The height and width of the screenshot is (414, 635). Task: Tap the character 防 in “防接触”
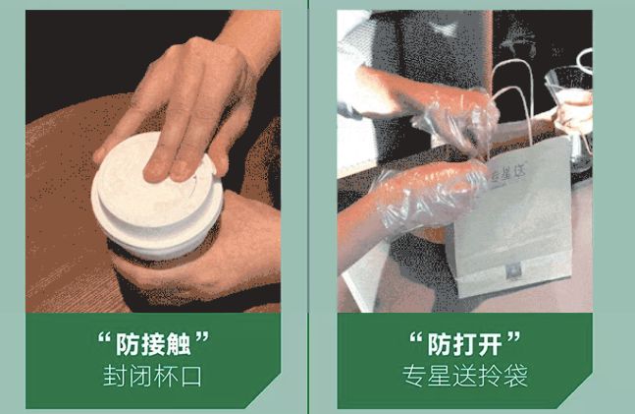click(128, 344)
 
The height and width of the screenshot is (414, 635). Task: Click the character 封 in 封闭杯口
click(115, 376)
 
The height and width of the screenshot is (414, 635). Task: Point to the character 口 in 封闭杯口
click(191, 376)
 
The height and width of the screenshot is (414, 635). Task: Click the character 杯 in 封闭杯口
click(166, 376)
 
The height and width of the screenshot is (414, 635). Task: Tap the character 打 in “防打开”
click(464, 344)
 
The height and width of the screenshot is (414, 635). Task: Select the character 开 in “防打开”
click(490, 344)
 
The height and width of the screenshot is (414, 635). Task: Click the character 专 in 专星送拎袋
click(414, 376)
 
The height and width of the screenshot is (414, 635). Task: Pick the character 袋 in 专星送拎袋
click(515, 376)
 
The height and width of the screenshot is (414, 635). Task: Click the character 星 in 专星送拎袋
click(440, 376)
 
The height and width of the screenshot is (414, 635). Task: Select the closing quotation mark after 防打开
click(513, 337)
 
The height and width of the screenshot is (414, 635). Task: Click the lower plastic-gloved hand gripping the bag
click(425, 195)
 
